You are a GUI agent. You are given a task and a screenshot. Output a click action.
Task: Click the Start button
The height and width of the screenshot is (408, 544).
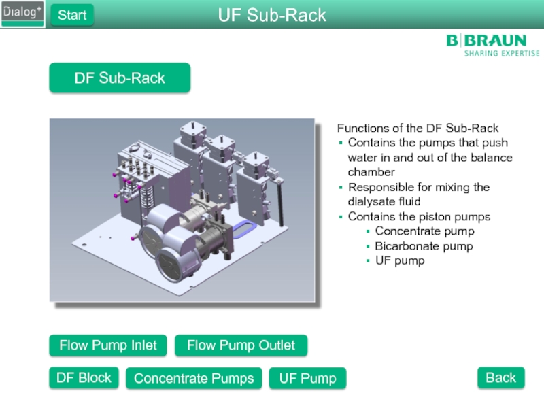(x=72, y=14)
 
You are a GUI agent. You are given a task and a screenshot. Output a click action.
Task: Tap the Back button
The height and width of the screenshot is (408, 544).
(x=500, y=377)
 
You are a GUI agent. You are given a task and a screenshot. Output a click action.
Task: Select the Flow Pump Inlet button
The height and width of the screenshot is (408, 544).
(x=108, y=345)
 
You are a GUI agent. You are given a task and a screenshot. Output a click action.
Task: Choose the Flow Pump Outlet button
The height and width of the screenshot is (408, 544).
(x=241, y=345)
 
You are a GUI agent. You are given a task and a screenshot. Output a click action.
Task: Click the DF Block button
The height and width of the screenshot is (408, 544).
(x=84, y=377)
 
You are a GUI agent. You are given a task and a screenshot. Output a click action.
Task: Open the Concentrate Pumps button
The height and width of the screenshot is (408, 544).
(x=194, y=378)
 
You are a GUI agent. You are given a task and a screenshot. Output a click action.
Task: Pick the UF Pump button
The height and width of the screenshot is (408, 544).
(x=307, y=378)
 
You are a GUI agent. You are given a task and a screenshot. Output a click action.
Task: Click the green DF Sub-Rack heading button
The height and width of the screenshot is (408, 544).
(x=120, y=78)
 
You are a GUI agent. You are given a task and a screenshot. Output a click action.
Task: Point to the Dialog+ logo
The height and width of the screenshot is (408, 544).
(x=22, y=14)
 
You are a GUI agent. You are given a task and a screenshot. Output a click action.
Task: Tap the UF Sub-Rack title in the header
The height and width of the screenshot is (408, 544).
(x=272, y=15)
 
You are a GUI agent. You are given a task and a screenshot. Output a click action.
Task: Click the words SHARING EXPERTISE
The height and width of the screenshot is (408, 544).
(x=501, y=53)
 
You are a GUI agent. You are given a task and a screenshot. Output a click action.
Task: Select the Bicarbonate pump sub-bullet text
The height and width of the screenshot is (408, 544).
(x=424, y=246)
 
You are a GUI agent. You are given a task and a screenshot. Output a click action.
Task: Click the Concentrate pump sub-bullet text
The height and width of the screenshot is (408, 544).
(x=424, y=231)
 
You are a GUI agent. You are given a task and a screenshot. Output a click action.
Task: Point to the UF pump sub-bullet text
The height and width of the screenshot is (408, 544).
(x=400, y=260)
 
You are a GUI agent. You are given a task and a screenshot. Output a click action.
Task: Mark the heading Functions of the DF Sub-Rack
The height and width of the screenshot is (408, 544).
(x=418, y=128)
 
